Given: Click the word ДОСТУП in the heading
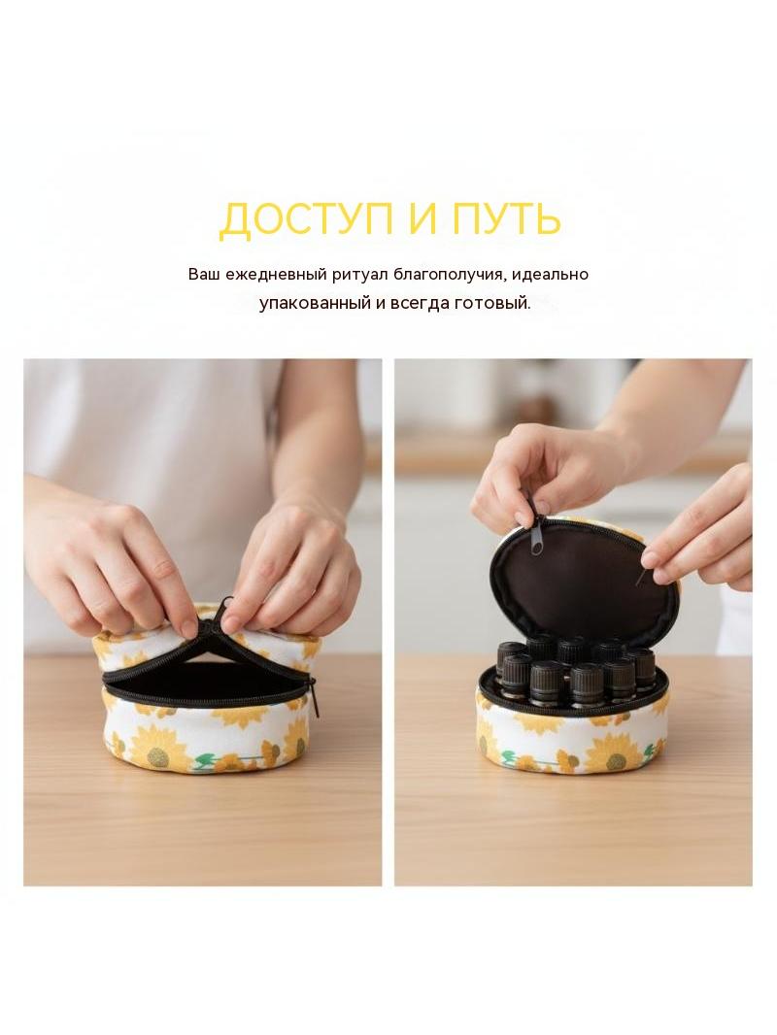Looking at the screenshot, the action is click(305, 218).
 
